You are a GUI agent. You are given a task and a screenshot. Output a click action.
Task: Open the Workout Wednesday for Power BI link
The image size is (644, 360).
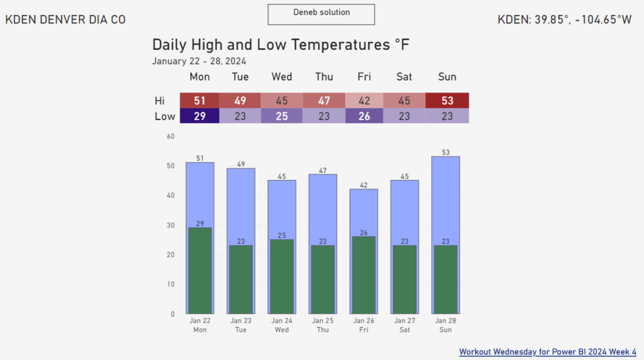click(548, 352)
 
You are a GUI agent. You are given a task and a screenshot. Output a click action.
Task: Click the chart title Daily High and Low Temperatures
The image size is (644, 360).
click(280, 45)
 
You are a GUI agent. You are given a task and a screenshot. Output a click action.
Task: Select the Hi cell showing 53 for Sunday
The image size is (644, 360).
click(447, 101)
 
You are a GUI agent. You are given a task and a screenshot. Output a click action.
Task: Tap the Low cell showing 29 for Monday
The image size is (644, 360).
click(199, 116)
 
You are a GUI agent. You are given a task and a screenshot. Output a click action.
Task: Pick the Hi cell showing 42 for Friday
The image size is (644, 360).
click(364, 101)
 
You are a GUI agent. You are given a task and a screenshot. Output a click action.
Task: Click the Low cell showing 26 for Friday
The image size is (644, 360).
click(364, 116)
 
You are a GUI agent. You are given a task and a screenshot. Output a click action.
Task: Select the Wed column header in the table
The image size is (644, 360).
click(282, 77)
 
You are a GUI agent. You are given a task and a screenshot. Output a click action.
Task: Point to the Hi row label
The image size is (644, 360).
click(160, 101)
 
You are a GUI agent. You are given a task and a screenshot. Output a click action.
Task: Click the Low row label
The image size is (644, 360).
click(165, 116)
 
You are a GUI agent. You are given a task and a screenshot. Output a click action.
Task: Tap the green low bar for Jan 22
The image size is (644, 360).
click(200, 271)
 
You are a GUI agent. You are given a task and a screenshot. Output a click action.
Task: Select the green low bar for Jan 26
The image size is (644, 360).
click(364, 275)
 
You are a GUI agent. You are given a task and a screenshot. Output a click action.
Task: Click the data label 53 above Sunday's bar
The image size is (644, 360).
click(446, 152)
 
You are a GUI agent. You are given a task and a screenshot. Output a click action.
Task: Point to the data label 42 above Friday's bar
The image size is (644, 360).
click(364, 185)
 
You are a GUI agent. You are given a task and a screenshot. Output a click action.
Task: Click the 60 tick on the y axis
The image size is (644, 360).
click(170, 136)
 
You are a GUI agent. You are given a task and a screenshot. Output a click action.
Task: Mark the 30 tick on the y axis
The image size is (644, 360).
click(170, 225)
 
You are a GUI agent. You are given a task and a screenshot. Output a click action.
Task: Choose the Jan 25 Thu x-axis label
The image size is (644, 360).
click(323, 325)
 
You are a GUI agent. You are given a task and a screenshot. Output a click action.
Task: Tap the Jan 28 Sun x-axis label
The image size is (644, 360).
click(445, 325)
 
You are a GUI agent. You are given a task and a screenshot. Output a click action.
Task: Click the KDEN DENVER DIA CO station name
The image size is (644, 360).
click(65, 20)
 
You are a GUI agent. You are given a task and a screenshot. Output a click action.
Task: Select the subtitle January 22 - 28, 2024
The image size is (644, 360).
click(199, 61)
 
